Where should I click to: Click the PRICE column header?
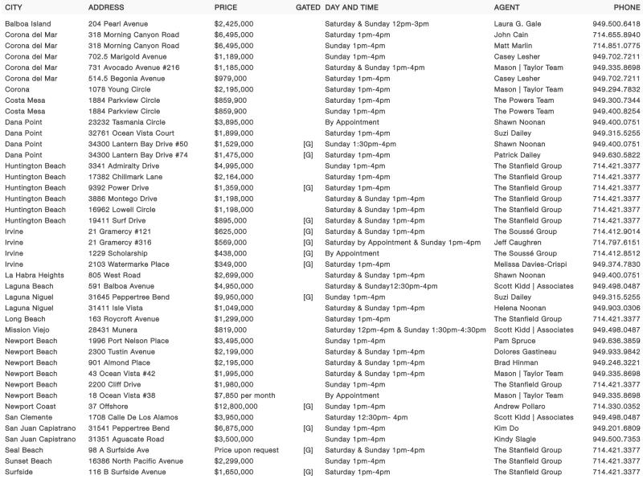pos(226,7)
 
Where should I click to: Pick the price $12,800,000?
pos(236,407)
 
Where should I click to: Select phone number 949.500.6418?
pos(616,24)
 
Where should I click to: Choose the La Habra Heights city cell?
pos(35,275)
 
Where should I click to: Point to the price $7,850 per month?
pos(245,395)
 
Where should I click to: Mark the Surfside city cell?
pos(20,472)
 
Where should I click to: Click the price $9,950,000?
pos(234,297)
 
